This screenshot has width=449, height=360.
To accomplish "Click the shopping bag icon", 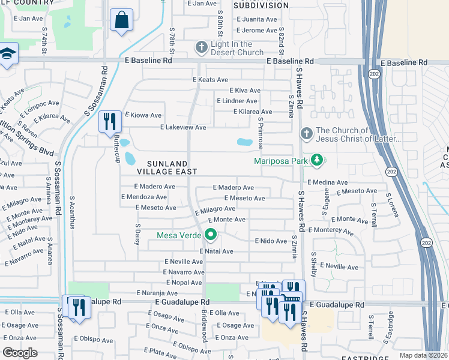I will pos(121,20).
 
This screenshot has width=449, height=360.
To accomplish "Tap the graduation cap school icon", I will pos(7,55).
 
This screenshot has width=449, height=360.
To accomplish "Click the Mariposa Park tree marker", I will pos(318,160).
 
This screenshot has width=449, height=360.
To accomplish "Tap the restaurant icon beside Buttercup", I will pos(109,122).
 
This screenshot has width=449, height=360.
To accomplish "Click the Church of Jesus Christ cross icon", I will pos(306,133).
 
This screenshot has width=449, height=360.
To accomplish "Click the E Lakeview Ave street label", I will pos(183,127).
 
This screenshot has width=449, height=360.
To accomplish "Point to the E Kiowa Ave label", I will pos(143,115).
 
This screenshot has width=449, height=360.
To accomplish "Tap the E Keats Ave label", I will pos(210,79).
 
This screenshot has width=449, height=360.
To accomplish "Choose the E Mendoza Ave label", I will pos(143,196).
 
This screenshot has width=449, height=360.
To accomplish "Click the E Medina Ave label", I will pos(327,182).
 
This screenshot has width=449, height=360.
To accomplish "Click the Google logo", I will pos(20,353).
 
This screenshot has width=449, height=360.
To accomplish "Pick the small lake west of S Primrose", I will pos(244,143).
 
